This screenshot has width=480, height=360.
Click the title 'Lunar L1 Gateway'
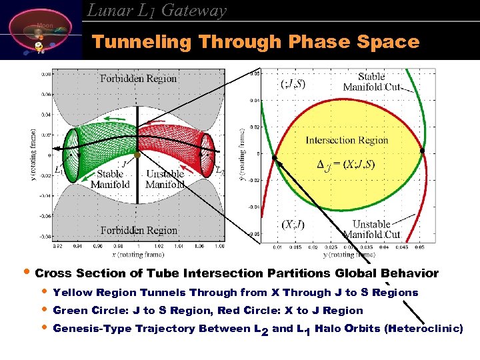click(157, 11)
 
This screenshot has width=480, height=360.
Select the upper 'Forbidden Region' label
click(139, 79)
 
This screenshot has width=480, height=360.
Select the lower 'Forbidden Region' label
click(139, 231)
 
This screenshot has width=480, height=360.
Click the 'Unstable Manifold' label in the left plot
click(165, 179)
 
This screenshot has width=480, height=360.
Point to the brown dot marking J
click(137, 155)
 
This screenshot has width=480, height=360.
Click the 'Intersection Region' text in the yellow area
click(347, 140)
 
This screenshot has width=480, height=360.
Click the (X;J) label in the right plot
click(293, 224)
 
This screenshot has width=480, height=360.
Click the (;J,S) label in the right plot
click(294, 83)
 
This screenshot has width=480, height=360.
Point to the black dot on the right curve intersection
click(422, 151)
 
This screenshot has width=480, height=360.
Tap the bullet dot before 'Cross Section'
click(25, 273)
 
